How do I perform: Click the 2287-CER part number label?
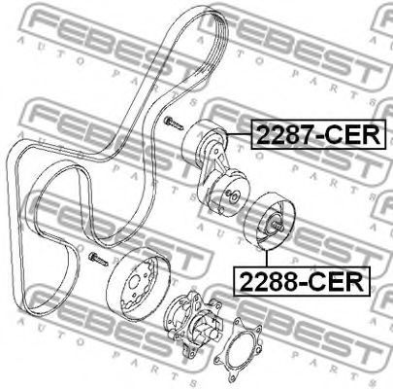(318, 134)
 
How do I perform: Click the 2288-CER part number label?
(302, 281)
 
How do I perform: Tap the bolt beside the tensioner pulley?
(174, 124)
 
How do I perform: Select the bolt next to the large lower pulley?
(98, 259)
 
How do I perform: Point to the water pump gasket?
(239, 349)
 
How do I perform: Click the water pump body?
(193, 321)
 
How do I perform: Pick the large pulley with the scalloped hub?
(139, 284)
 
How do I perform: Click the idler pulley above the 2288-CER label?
(269, 222)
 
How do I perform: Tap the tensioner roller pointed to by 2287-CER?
(205, 144)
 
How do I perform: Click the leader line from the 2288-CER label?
(267, 259)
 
